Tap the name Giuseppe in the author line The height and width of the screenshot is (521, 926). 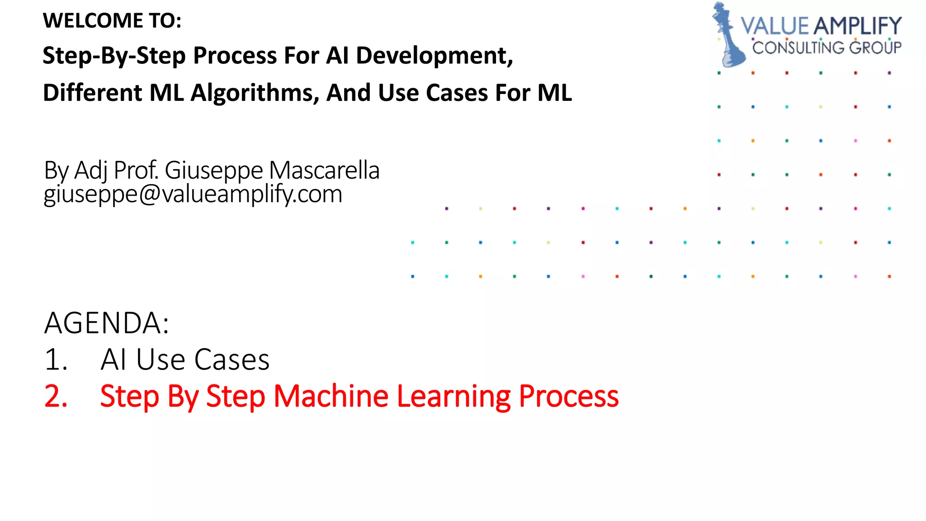[x=213, y=171]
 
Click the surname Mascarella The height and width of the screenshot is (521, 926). [x=324, y=171]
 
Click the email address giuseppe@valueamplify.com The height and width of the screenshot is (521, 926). [x=193, y=194]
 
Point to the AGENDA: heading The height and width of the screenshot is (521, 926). [x=107, y=323]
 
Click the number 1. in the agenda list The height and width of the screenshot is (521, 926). [x=56, y=360]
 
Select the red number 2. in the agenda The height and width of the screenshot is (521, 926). [x=56, y=396]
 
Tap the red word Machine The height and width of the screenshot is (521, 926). [x=331, y=396]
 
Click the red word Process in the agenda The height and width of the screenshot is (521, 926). [x=568, y=396]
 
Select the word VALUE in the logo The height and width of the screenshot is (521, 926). [x=774, y=26]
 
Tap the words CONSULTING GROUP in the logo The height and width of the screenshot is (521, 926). [x=827, y=47]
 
